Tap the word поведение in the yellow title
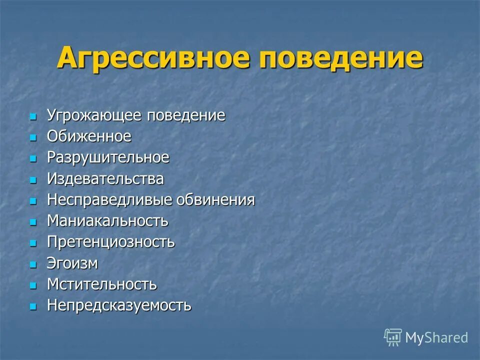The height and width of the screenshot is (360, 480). tap(341, 58)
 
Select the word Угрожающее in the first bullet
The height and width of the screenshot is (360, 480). tap(95, 116)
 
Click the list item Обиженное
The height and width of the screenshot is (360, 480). tap(89, 136)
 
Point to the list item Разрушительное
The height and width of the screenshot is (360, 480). tap(108, 157)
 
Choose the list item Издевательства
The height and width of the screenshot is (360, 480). tap(105, 178)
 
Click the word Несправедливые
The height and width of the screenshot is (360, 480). tap(109, 200)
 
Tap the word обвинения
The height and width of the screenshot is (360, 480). tap(215, 200)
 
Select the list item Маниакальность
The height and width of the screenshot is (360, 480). tap(107, 220)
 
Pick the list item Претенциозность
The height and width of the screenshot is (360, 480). tap(111, 242)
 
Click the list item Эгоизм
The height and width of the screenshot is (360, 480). tap(72, 263)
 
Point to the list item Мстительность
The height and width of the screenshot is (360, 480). tap(102, 284)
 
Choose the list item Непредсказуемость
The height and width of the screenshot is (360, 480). tap(119, 305)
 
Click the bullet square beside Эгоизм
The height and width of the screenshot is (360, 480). tap(33, 264)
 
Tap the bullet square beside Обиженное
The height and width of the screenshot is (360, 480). tap(33, 137)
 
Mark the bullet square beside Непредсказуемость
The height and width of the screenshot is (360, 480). tap(33, 306)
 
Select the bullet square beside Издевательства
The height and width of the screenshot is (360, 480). tap(33, 179)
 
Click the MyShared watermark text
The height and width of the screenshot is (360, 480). tap(436, 338)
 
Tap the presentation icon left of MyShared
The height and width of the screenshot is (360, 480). tap(393, 337)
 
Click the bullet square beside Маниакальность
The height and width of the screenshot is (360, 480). tap(33, 221)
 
